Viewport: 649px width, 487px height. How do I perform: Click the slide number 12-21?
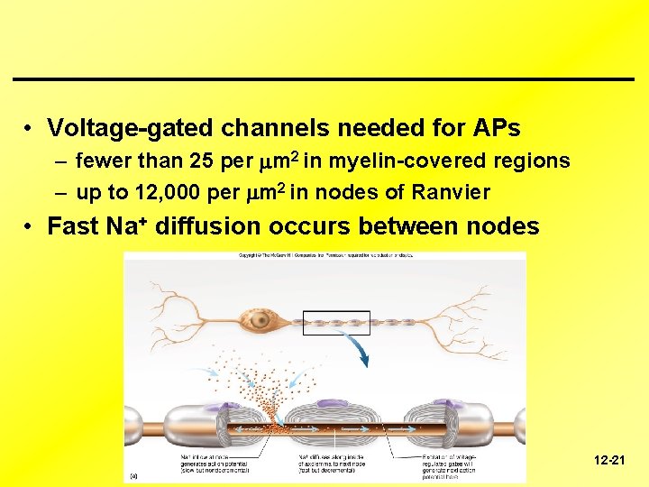click(x=609, y=461)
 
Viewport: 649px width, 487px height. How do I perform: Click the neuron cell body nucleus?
click(x=261, y=320)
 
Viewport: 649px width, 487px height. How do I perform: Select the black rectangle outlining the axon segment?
click(x=335, y=323)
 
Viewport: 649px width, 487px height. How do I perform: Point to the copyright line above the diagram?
click(x=325, y=257)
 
